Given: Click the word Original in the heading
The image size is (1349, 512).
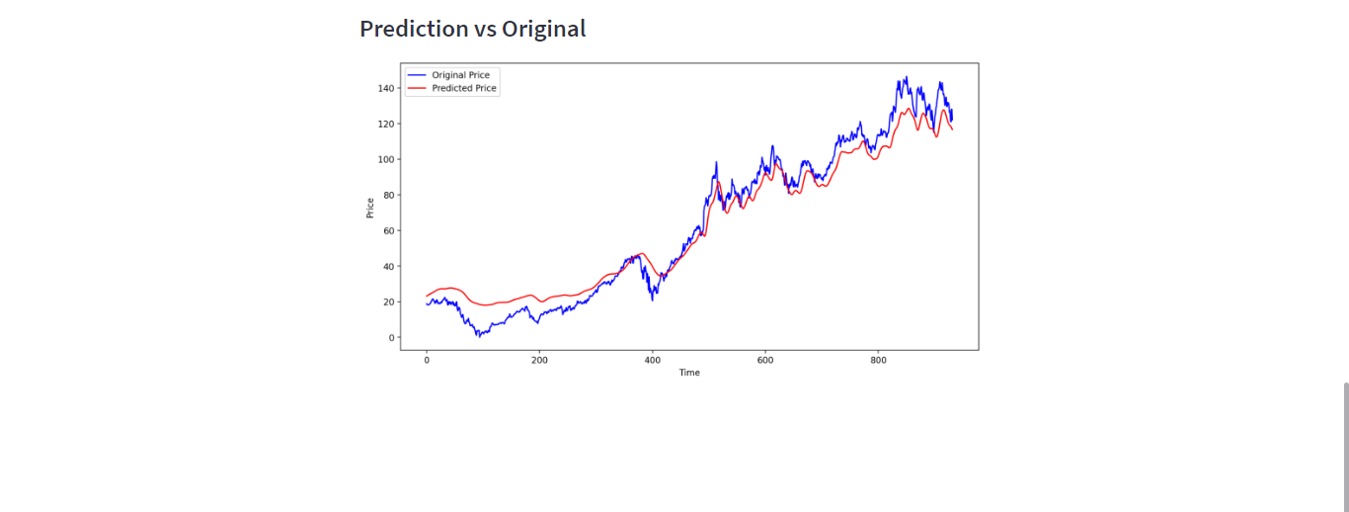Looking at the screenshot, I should (543, 29).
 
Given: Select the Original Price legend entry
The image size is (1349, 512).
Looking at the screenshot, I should (460, 75).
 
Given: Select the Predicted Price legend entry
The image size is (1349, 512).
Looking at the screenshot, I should (464, 88).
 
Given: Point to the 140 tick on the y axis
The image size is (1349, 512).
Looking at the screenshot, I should (386, 88).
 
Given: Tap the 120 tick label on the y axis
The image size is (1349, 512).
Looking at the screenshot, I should (386, 124).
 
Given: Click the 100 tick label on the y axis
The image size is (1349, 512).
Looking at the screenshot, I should (386, 159).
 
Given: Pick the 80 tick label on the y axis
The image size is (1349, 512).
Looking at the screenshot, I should (389, 195).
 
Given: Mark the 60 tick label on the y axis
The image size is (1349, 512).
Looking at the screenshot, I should (389, 230).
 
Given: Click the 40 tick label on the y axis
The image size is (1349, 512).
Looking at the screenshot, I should (389, 266).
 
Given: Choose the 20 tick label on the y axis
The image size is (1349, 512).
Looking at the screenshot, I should (389, 301).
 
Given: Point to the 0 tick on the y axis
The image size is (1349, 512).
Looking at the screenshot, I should (392, 337).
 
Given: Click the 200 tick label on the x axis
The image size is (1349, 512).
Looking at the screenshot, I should (539, 360).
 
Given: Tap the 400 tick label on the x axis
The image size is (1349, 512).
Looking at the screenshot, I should (652, 360).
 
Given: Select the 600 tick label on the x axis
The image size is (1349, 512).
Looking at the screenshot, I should (764, 360).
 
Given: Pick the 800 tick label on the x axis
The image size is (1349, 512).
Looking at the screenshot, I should (878, 360).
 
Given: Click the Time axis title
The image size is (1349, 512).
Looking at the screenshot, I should (689, 373).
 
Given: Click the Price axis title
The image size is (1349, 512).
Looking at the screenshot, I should (370, 208).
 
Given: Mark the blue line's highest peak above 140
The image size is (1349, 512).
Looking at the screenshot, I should (906, 77).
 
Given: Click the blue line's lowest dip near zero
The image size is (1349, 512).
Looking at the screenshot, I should (478, 336).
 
